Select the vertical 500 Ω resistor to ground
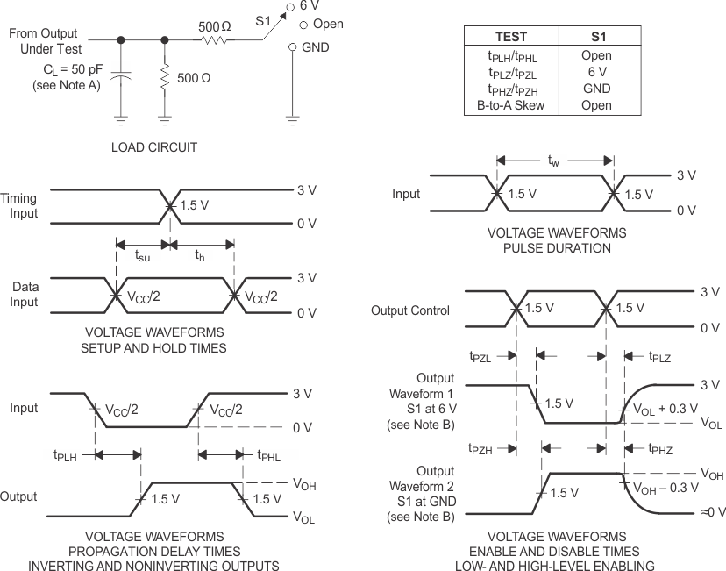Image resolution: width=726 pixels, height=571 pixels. (165, 78)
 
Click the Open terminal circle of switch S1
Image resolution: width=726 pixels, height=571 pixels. (292, 25)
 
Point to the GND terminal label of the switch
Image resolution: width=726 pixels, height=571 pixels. (315, 47)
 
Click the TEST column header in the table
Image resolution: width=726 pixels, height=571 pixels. (511, 38)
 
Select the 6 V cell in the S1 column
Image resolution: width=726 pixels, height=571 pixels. (596, 72)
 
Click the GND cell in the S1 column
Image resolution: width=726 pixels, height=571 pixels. (596, 89)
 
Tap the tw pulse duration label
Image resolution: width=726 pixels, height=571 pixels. (553, 161)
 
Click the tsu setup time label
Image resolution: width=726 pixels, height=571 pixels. (142, 256)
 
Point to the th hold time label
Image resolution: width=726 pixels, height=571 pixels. (199, 256)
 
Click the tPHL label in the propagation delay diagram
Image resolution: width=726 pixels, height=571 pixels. (270, 454)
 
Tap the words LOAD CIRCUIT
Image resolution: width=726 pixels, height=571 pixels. (154, 147)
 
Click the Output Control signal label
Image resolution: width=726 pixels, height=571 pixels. (410, 310)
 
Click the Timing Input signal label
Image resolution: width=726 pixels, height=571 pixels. (19, 206)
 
